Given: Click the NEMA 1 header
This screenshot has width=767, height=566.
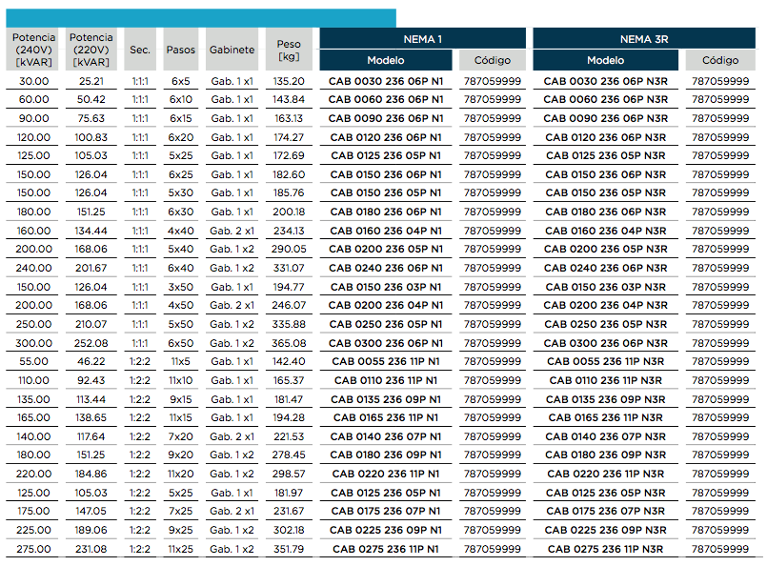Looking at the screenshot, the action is pos(423,39).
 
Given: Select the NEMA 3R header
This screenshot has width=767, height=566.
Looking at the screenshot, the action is pos(644,39).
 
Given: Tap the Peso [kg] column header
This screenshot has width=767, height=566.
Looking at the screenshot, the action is pos(289,50).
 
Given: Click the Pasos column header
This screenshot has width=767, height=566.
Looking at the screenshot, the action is pos(180,50).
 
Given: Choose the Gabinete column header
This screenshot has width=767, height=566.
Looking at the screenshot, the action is pos(232,50).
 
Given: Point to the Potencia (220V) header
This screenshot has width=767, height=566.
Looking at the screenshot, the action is pos(91,50).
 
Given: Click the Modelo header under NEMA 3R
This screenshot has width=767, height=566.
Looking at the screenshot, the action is pos(605,60).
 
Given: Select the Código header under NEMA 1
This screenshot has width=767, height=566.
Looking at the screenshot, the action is pos(492,60).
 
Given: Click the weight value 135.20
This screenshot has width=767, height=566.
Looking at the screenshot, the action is pos(289,81).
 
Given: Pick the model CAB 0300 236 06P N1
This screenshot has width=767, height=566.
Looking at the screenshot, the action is pos(386,343).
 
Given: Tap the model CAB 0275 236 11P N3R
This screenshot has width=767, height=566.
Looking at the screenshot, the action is pos(606,550).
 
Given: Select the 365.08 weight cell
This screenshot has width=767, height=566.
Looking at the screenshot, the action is pos(289,343).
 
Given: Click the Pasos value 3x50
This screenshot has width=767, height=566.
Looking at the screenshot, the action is pos(180,287).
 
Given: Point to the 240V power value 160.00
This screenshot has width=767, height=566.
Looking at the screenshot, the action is pos(33,231).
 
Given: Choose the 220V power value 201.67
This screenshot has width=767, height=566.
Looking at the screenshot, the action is pos(91,268).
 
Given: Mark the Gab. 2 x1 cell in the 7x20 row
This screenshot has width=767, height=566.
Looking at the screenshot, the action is pos(232,436).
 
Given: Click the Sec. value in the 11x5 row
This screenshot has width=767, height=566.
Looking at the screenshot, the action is pos(140,361).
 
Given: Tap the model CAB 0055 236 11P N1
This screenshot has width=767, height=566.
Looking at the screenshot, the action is pos(386,361).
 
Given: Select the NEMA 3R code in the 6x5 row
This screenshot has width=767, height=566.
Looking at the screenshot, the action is pos(720,81).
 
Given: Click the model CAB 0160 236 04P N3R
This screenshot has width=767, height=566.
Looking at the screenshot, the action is pos(606,231).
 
